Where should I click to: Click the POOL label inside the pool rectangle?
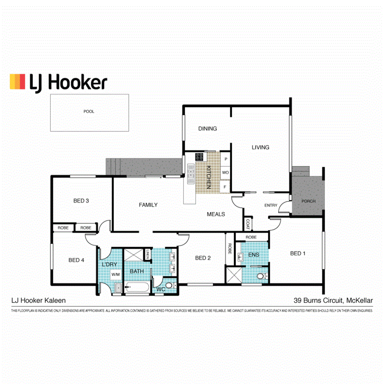pos(89,111)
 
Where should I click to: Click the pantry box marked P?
pos(225,159)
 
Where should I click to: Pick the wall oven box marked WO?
pos(225,173)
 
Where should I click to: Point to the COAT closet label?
pos(247,224)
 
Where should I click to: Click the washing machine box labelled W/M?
pos(116,275)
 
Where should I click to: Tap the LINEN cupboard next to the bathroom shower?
pos(147,254)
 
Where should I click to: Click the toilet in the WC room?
pos(169,285)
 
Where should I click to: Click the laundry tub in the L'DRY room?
pos(117,288)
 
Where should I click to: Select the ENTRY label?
pos(271,205)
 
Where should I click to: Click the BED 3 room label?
pos(81,201)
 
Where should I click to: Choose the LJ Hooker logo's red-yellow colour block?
pos(17,81)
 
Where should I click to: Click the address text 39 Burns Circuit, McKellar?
pos(333,300)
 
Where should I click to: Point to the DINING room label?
pos(207,128)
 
